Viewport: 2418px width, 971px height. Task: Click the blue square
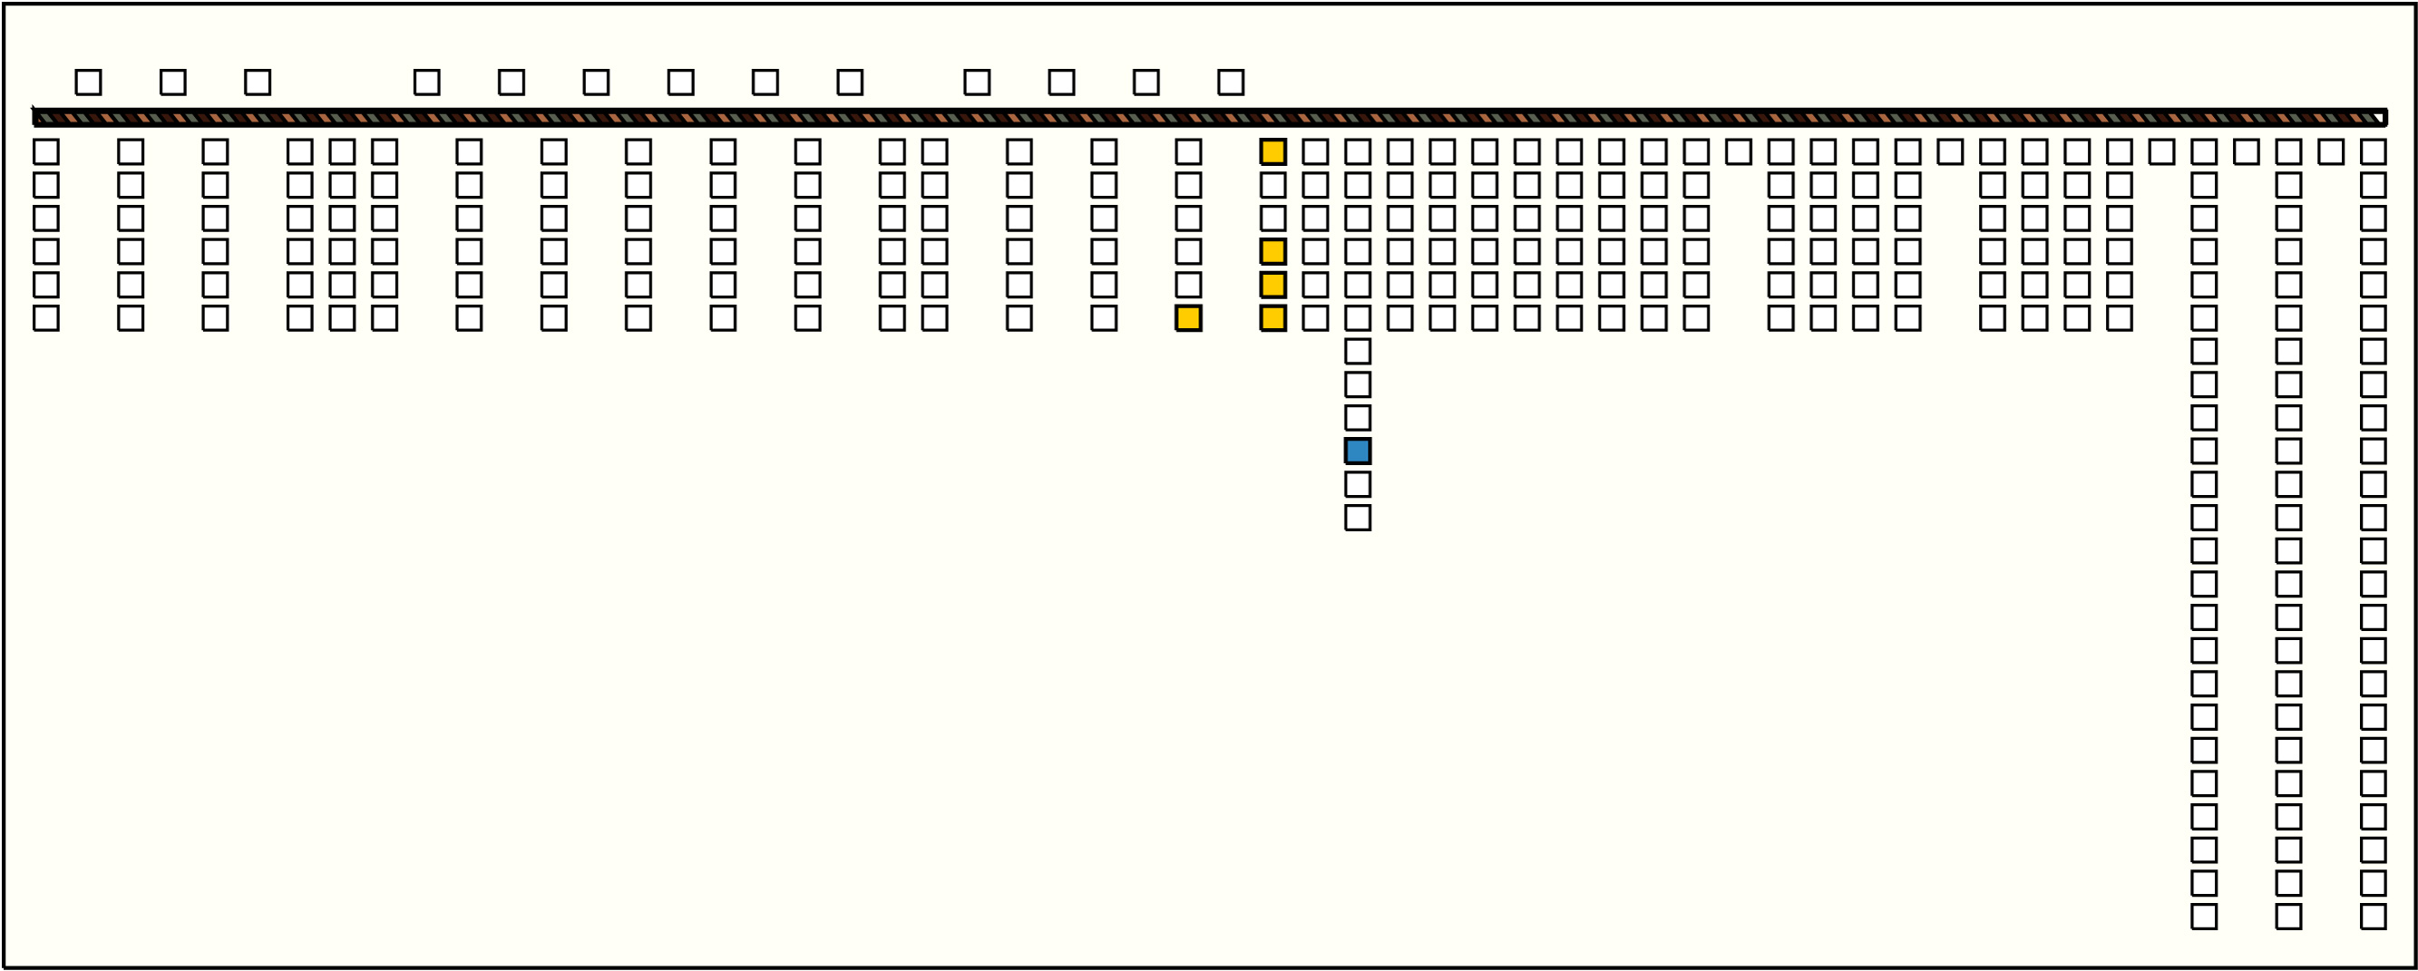1358,452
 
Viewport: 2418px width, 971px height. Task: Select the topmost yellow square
1272,152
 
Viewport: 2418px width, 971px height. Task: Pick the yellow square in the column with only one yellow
1188,318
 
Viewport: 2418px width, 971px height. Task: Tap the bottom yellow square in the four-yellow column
1272,318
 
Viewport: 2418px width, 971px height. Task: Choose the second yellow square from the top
1272,251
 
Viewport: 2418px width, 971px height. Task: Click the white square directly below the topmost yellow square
1272,185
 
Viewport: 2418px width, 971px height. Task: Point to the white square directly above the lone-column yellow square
1188,285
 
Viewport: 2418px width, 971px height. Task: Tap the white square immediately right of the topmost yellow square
1315,152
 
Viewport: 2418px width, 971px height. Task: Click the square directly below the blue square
1358,484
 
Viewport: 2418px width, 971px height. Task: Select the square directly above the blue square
1358,417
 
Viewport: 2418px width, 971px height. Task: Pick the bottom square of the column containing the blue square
1358,518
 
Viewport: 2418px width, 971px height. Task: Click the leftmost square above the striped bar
88,83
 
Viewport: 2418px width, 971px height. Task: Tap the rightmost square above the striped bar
1231,83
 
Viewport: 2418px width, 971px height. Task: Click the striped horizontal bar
1209,118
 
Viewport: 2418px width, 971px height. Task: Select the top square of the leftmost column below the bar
46,152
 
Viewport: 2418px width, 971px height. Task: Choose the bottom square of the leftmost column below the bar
46,318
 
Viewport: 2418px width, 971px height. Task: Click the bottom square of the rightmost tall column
2373,917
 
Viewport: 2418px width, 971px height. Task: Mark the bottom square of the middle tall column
2288,917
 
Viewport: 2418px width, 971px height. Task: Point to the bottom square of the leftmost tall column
2204,917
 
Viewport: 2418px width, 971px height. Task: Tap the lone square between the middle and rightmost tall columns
2331,152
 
